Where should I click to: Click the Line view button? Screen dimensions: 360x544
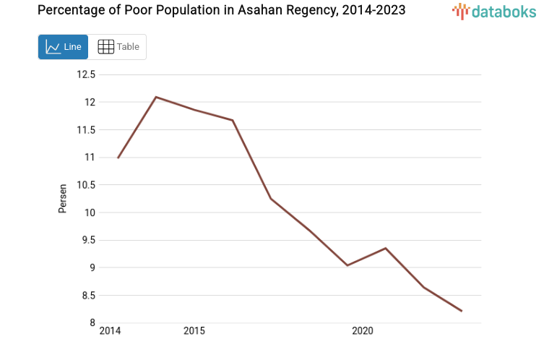63,47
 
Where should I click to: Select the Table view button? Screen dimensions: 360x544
118,47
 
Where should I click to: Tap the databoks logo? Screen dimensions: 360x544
494,11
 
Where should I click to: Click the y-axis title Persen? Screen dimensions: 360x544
63,198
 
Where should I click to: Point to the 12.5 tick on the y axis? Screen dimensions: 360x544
86,74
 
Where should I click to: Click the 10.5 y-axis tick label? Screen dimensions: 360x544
86,185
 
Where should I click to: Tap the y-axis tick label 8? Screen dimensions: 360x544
92,323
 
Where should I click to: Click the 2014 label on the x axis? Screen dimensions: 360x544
110,331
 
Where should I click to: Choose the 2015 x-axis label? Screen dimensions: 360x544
194,331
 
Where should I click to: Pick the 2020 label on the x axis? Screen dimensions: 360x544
362,331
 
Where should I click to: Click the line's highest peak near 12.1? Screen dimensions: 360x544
156,97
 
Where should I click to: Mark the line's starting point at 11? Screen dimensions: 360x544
118,158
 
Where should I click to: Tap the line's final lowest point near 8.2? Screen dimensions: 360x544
462,311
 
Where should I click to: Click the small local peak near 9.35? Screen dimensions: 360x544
386,248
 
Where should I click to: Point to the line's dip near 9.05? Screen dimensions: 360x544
347,265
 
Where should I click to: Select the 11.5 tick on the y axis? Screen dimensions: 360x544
86,130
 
